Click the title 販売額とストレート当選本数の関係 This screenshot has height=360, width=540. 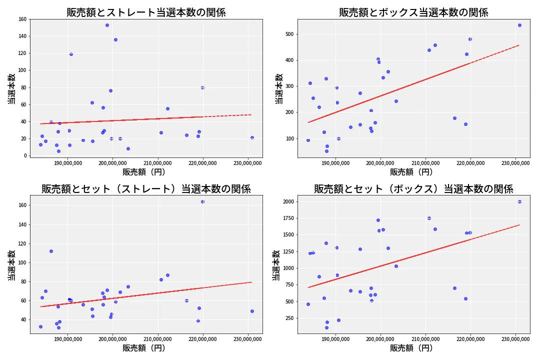146,12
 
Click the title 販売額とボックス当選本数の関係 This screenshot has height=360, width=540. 413,12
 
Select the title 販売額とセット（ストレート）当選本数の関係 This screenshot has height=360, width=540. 146,189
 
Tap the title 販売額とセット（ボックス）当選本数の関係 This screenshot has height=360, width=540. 413,189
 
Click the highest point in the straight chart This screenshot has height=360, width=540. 107,25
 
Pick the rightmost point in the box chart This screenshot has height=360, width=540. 519,25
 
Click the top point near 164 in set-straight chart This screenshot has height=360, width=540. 202,201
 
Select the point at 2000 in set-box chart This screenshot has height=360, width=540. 519,201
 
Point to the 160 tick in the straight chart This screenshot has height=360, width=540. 22,19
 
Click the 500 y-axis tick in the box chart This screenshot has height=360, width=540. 289,34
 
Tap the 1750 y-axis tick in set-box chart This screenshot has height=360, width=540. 286,218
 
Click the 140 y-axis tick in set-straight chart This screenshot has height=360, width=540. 22,224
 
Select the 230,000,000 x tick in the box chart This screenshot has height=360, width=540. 515,163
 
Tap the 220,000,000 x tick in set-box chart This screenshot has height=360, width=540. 470,339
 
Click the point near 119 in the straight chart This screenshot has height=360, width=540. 71,54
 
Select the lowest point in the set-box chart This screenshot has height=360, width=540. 326,327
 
